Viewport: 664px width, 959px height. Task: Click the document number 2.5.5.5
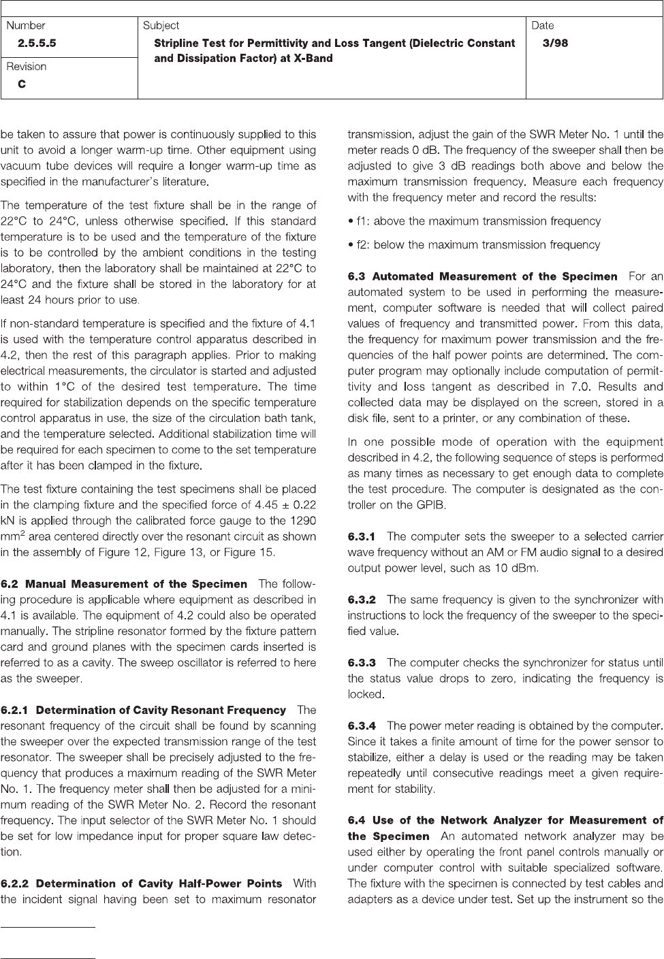pos(37,44)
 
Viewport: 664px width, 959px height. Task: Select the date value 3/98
pos(555,44)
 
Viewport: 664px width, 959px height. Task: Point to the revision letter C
pos(22,84)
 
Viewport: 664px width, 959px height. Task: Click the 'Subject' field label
pos(161,26)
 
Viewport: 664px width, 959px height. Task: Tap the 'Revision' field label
pos(27,67)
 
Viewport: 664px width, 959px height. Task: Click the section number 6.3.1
pos(362,536)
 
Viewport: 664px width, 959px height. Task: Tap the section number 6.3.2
pos(362,600)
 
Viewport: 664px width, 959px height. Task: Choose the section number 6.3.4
pos(362,726)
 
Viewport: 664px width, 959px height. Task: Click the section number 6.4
pos(357,820)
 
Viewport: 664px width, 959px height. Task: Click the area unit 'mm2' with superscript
pos(14,536)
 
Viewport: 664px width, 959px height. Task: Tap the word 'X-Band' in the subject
pos(311,59)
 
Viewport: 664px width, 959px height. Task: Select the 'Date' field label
pos(543,26)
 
